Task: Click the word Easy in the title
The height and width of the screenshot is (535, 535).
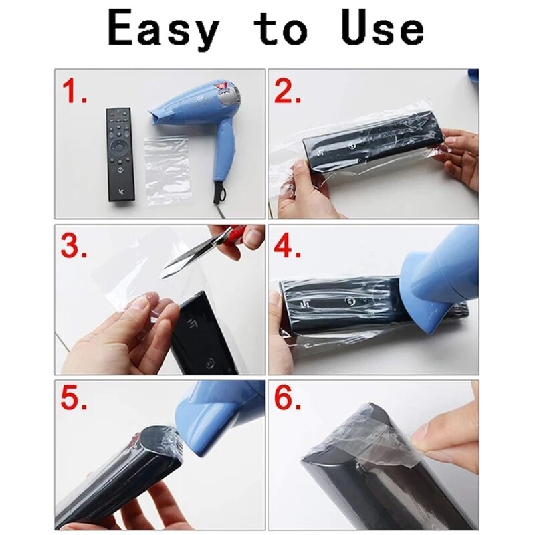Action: click(164, 30)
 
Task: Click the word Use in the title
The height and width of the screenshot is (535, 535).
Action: click(383, 30)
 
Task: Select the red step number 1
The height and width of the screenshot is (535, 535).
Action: click(74, 92)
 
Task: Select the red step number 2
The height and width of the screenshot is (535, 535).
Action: click(288, 92)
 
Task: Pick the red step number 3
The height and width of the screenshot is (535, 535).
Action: click(74, 247)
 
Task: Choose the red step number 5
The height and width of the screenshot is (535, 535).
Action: click(74, 401)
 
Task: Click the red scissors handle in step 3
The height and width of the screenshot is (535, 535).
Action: click(231, 235)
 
